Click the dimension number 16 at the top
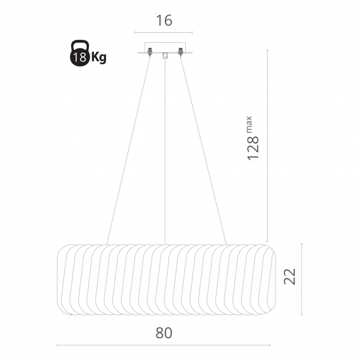pyautogui.click(x=164, y=21)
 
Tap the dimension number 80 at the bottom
pyautogui.click(x=164, y=333)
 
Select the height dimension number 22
pyautogui.click(x=290, y=276)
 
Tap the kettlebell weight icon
pyautogui.click(x=80, y=53)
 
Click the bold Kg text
pyautogui.click(x=99, y=57)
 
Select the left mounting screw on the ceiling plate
pyautogui.click(x=150, y=52)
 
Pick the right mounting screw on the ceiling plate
pyautogui.click(x=180, y=52)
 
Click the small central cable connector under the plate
pyautogui.click(x=165, y=55)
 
